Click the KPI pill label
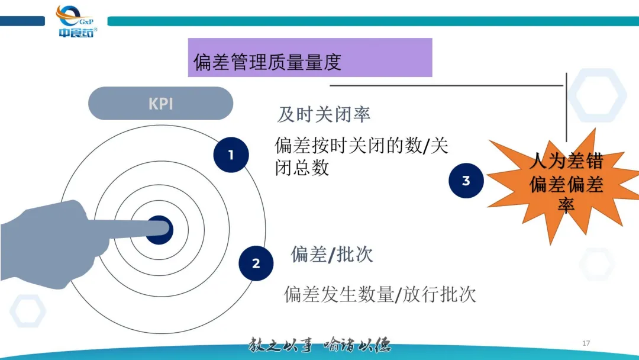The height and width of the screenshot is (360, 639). (160, 104)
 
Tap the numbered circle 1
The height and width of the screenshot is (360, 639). (231, 155)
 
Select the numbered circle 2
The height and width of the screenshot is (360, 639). (256, 263)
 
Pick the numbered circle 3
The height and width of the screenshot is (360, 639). (466, 181)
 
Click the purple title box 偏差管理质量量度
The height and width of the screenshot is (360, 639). (309, 58)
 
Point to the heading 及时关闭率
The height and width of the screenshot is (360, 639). (324, 114)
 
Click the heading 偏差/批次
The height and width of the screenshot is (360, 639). (331, 255)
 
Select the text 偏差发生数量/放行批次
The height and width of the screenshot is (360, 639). (380, 294)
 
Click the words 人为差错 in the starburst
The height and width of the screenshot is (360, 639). (566, 161)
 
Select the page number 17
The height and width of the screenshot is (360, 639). (586, 343)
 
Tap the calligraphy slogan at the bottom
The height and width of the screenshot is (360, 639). (319, 345)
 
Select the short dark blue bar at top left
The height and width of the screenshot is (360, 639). (22, 21)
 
